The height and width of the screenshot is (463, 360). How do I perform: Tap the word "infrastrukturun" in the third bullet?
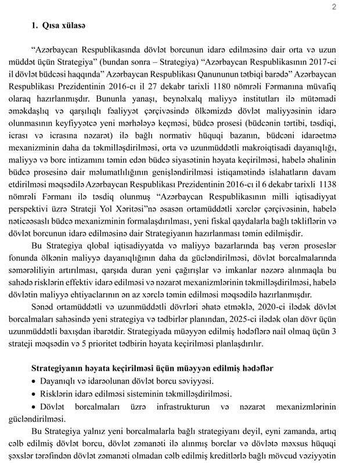[x=192, y=406]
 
